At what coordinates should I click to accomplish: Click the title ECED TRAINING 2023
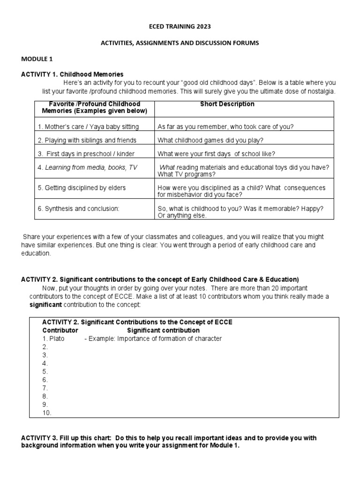tap(180, 27)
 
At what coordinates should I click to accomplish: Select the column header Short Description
tap(227, 104)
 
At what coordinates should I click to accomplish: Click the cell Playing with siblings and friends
tap(87, 140)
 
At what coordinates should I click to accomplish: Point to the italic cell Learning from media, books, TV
tap(88, 167)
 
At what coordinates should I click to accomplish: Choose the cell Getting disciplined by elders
tap(82, 187)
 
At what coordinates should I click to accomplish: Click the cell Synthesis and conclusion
tap(79, 209)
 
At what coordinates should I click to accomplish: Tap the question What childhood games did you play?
tap(211, 140)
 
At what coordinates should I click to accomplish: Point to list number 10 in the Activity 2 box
tap(47, 412)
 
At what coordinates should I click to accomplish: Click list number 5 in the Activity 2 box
tap(45, 371)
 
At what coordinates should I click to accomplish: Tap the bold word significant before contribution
tap(45, 305)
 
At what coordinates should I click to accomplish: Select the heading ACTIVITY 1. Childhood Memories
tap(72, 74)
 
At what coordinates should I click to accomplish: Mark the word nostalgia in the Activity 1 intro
tap(321, 90)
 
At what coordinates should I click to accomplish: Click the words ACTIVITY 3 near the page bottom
tap(39, 438)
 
